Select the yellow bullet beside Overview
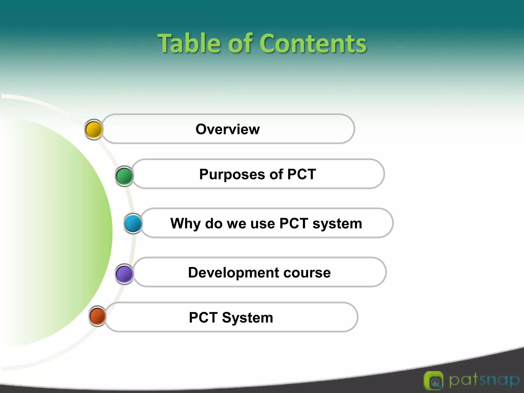94,129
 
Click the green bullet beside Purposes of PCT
124,176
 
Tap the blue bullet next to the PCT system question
133,223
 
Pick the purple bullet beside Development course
124,274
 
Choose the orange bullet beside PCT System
97,316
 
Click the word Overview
227,129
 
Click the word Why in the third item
185,224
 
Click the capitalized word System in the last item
247,318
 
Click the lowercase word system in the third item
337,224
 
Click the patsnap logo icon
433,381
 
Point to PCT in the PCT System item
203,318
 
